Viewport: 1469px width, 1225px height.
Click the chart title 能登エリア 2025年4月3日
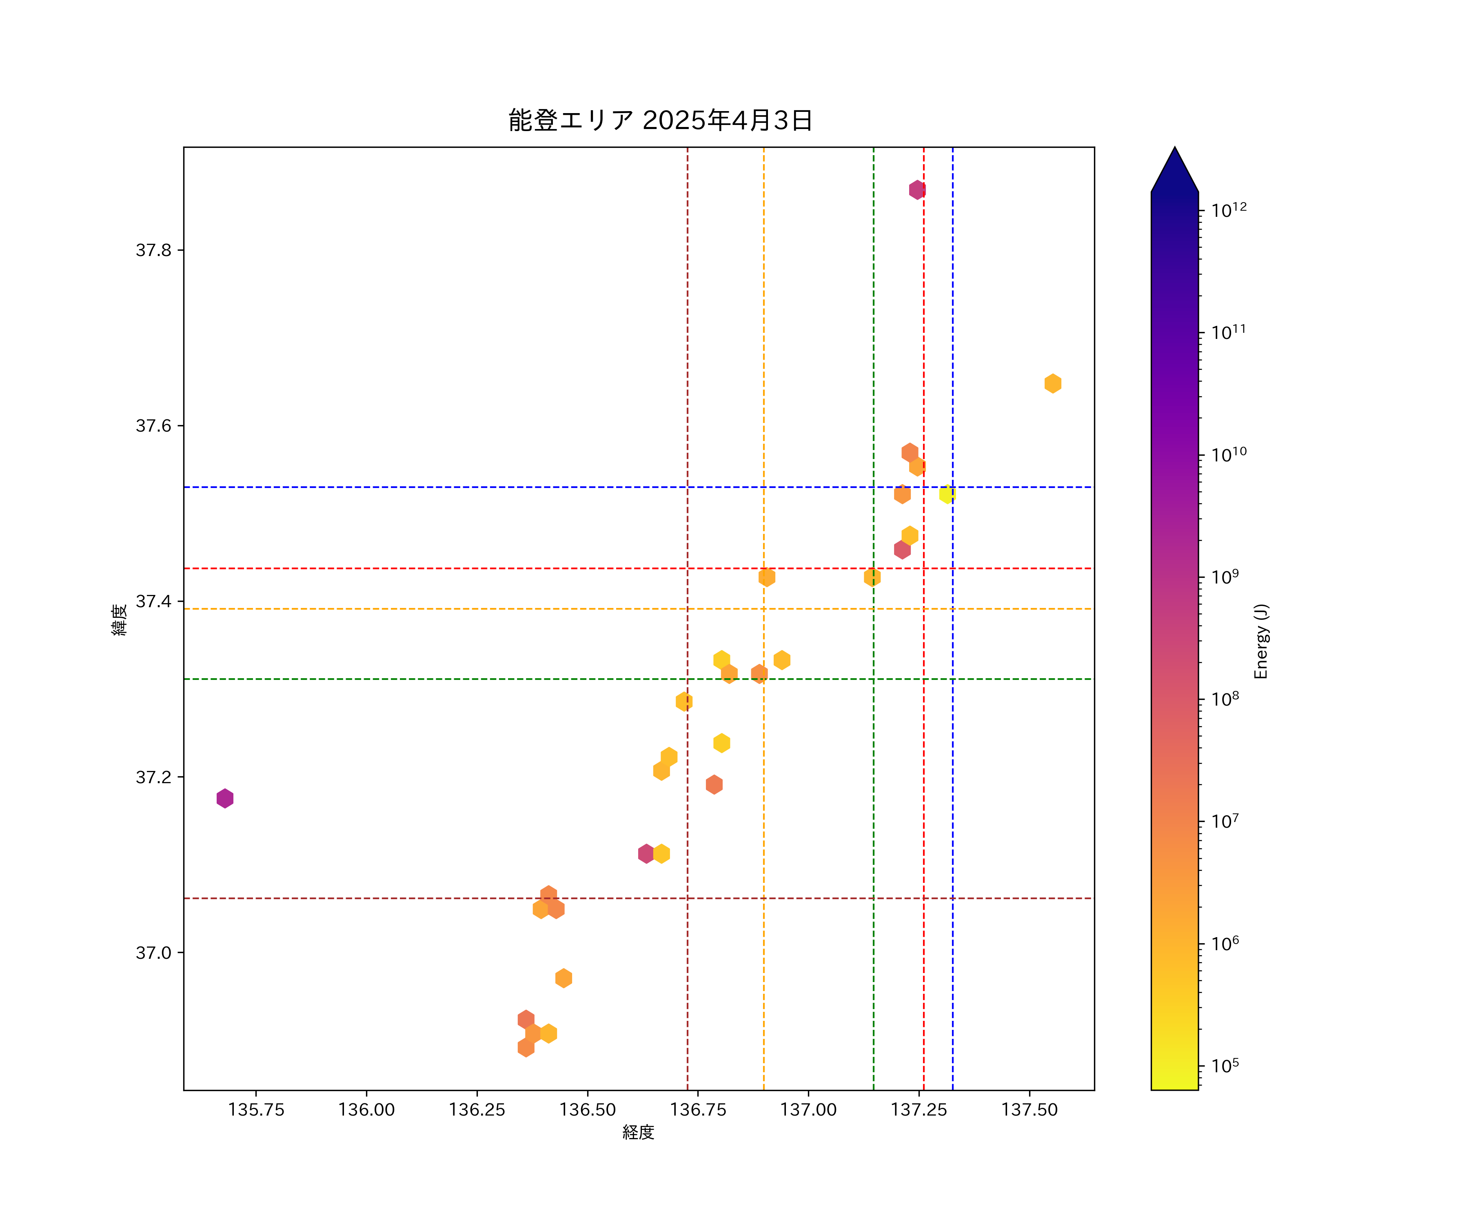coord(660,120)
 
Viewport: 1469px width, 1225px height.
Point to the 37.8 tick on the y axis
coord(153,250)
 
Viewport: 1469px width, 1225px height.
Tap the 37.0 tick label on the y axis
coord(153,953)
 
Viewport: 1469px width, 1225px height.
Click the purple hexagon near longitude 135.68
coord(224,798)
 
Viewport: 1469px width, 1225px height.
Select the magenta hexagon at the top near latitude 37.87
coord(917,190)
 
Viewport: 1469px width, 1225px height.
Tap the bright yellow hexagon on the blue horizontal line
coord(946,494)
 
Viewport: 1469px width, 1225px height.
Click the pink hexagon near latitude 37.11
coord(646,853)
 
